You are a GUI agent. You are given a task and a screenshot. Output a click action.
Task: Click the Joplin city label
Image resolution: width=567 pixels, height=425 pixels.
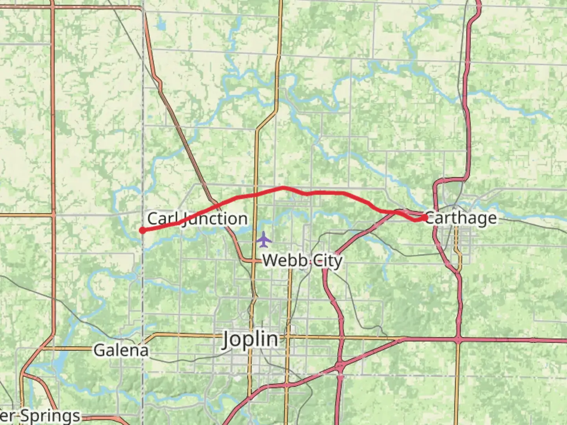[x=250, y=339]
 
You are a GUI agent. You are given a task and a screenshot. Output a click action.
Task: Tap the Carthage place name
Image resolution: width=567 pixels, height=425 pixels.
[x=461, y=218]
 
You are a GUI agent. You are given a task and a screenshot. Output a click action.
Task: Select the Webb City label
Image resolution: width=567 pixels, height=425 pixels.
[x=302, y=261]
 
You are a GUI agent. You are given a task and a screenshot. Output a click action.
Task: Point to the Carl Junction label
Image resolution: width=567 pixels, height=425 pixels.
[x=197, y=219]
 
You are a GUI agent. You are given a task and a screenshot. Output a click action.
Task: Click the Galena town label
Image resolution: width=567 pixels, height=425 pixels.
[x=121, y=350]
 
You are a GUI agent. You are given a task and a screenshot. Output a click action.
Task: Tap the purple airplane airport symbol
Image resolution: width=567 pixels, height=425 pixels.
[x=263, y=239]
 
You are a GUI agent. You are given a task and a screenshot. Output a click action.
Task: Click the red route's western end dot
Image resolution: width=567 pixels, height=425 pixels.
[x=142, y=231]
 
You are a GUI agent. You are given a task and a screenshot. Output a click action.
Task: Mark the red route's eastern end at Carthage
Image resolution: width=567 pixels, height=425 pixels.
[x=425, y=217]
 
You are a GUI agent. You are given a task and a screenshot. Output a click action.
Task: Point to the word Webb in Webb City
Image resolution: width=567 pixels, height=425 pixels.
[x=282, y=261]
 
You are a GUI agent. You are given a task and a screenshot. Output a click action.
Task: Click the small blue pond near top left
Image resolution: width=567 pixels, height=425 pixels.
[x=161, y=26]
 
